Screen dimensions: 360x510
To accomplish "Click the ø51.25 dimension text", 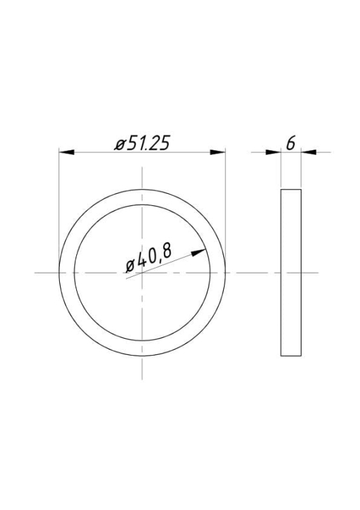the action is (142, 143).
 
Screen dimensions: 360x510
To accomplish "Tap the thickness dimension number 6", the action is (291, 143).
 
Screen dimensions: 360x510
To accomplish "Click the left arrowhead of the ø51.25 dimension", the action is (67, 152).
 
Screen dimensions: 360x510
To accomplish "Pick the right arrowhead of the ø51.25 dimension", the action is (218, 152).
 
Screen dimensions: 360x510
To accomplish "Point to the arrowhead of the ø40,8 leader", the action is (198, 252).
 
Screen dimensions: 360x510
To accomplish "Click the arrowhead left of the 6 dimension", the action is (273, 152).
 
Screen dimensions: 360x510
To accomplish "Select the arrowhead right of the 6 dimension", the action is (308, 152).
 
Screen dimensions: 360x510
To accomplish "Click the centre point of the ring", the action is (142, 273).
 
